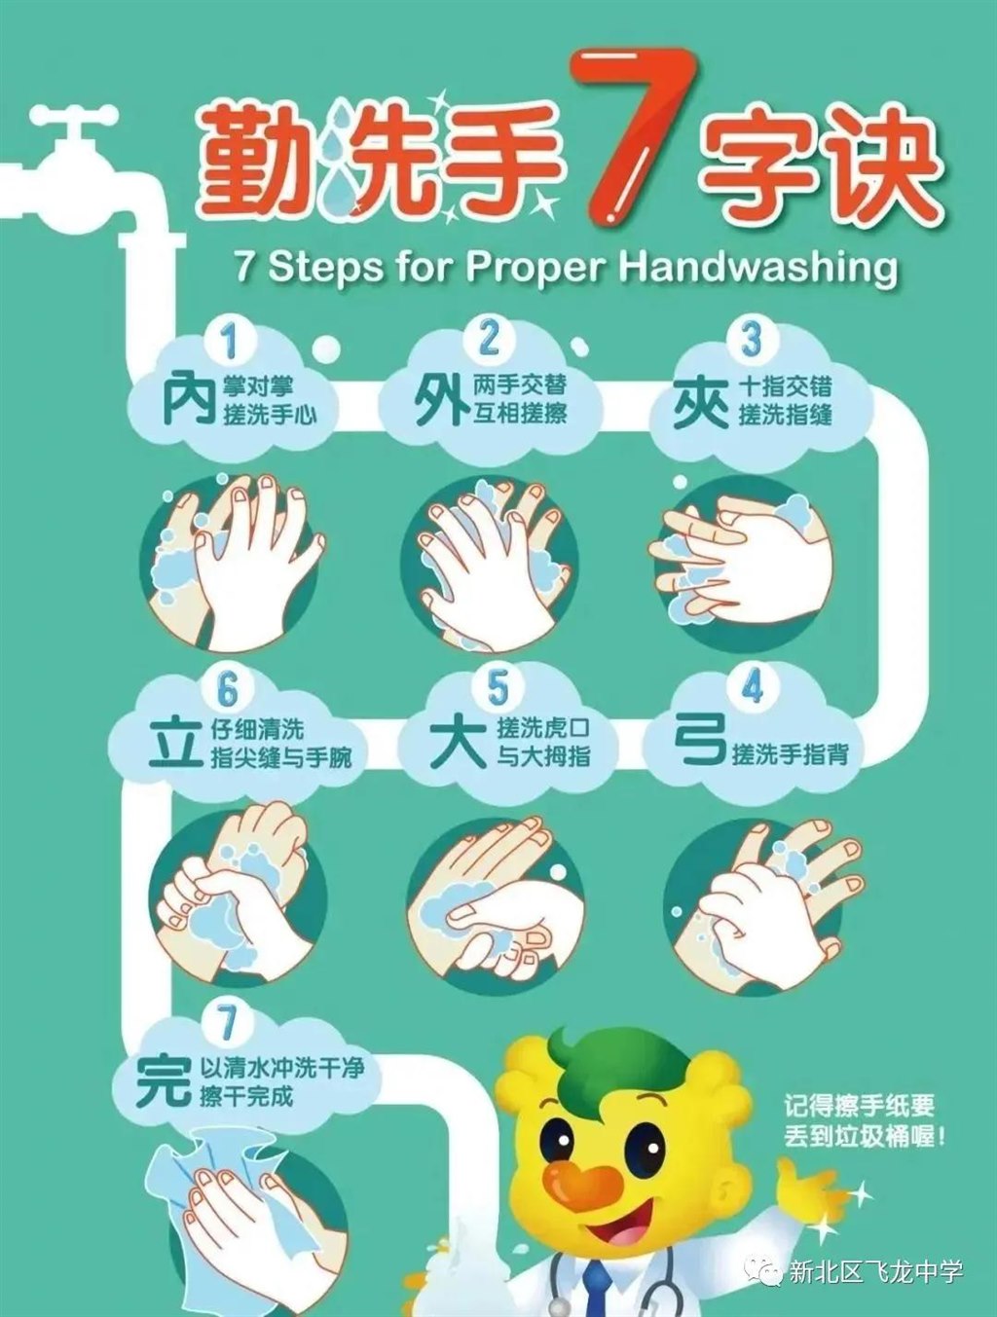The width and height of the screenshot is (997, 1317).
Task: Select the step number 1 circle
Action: click(229, 339)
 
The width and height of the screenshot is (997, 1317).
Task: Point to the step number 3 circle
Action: click(751, 338)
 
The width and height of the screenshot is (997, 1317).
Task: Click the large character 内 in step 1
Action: click(188, 398)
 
